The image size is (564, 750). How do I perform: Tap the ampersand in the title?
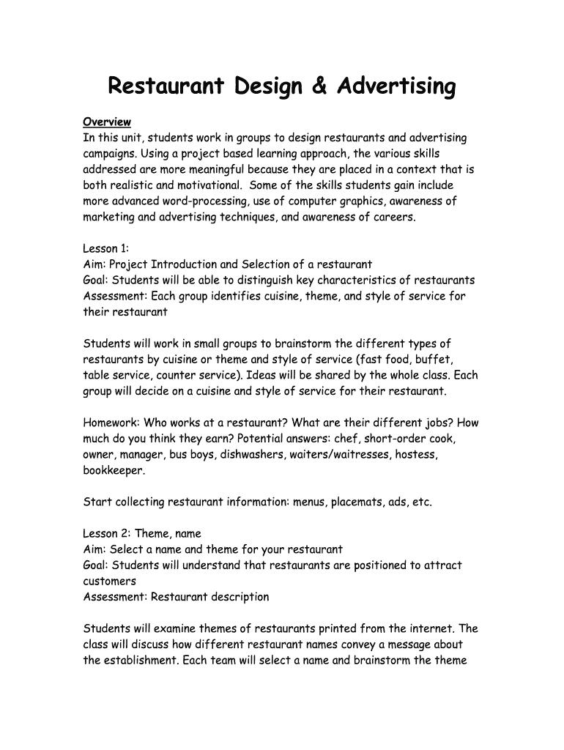point(320,87)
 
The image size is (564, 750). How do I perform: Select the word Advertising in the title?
point(396,87)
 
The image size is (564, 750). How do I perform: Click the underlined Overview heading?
point(107,122)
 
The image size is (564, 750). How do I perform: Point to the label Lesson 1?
point(105,249)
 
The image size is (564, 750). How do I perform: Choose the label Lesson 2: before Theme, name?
point(107,534)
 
